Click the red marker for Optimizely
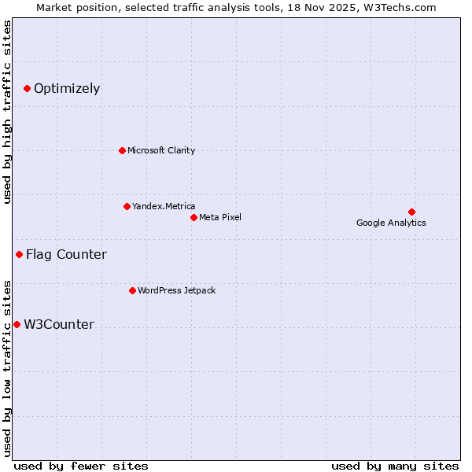[27, 88]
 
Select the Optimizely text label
[67, 88]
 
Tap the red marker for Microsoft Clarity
[122, 150]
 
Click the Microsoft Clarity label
[161, 150]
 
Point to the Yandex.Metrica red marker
[127, 206]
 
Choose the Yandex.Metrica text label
[164, 206]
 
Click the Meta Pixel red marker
[194, 217]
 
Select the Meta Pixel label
[220, 217]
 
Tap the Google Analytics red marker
[411, 212]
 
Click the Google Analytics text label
[391, 223]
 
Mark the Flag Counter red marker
[19, 254]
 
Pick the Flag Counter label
[66, 254]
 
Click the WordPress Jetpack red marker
[132, 290]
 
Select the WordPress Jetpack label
[176, 290]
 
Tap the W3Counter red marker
[17, 324]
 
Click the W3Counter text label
[59, 324]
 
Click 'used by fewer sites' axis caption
[81, 466]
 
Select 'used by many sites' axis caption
[395, 466]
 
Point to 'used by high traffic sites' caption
[8, 112]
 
